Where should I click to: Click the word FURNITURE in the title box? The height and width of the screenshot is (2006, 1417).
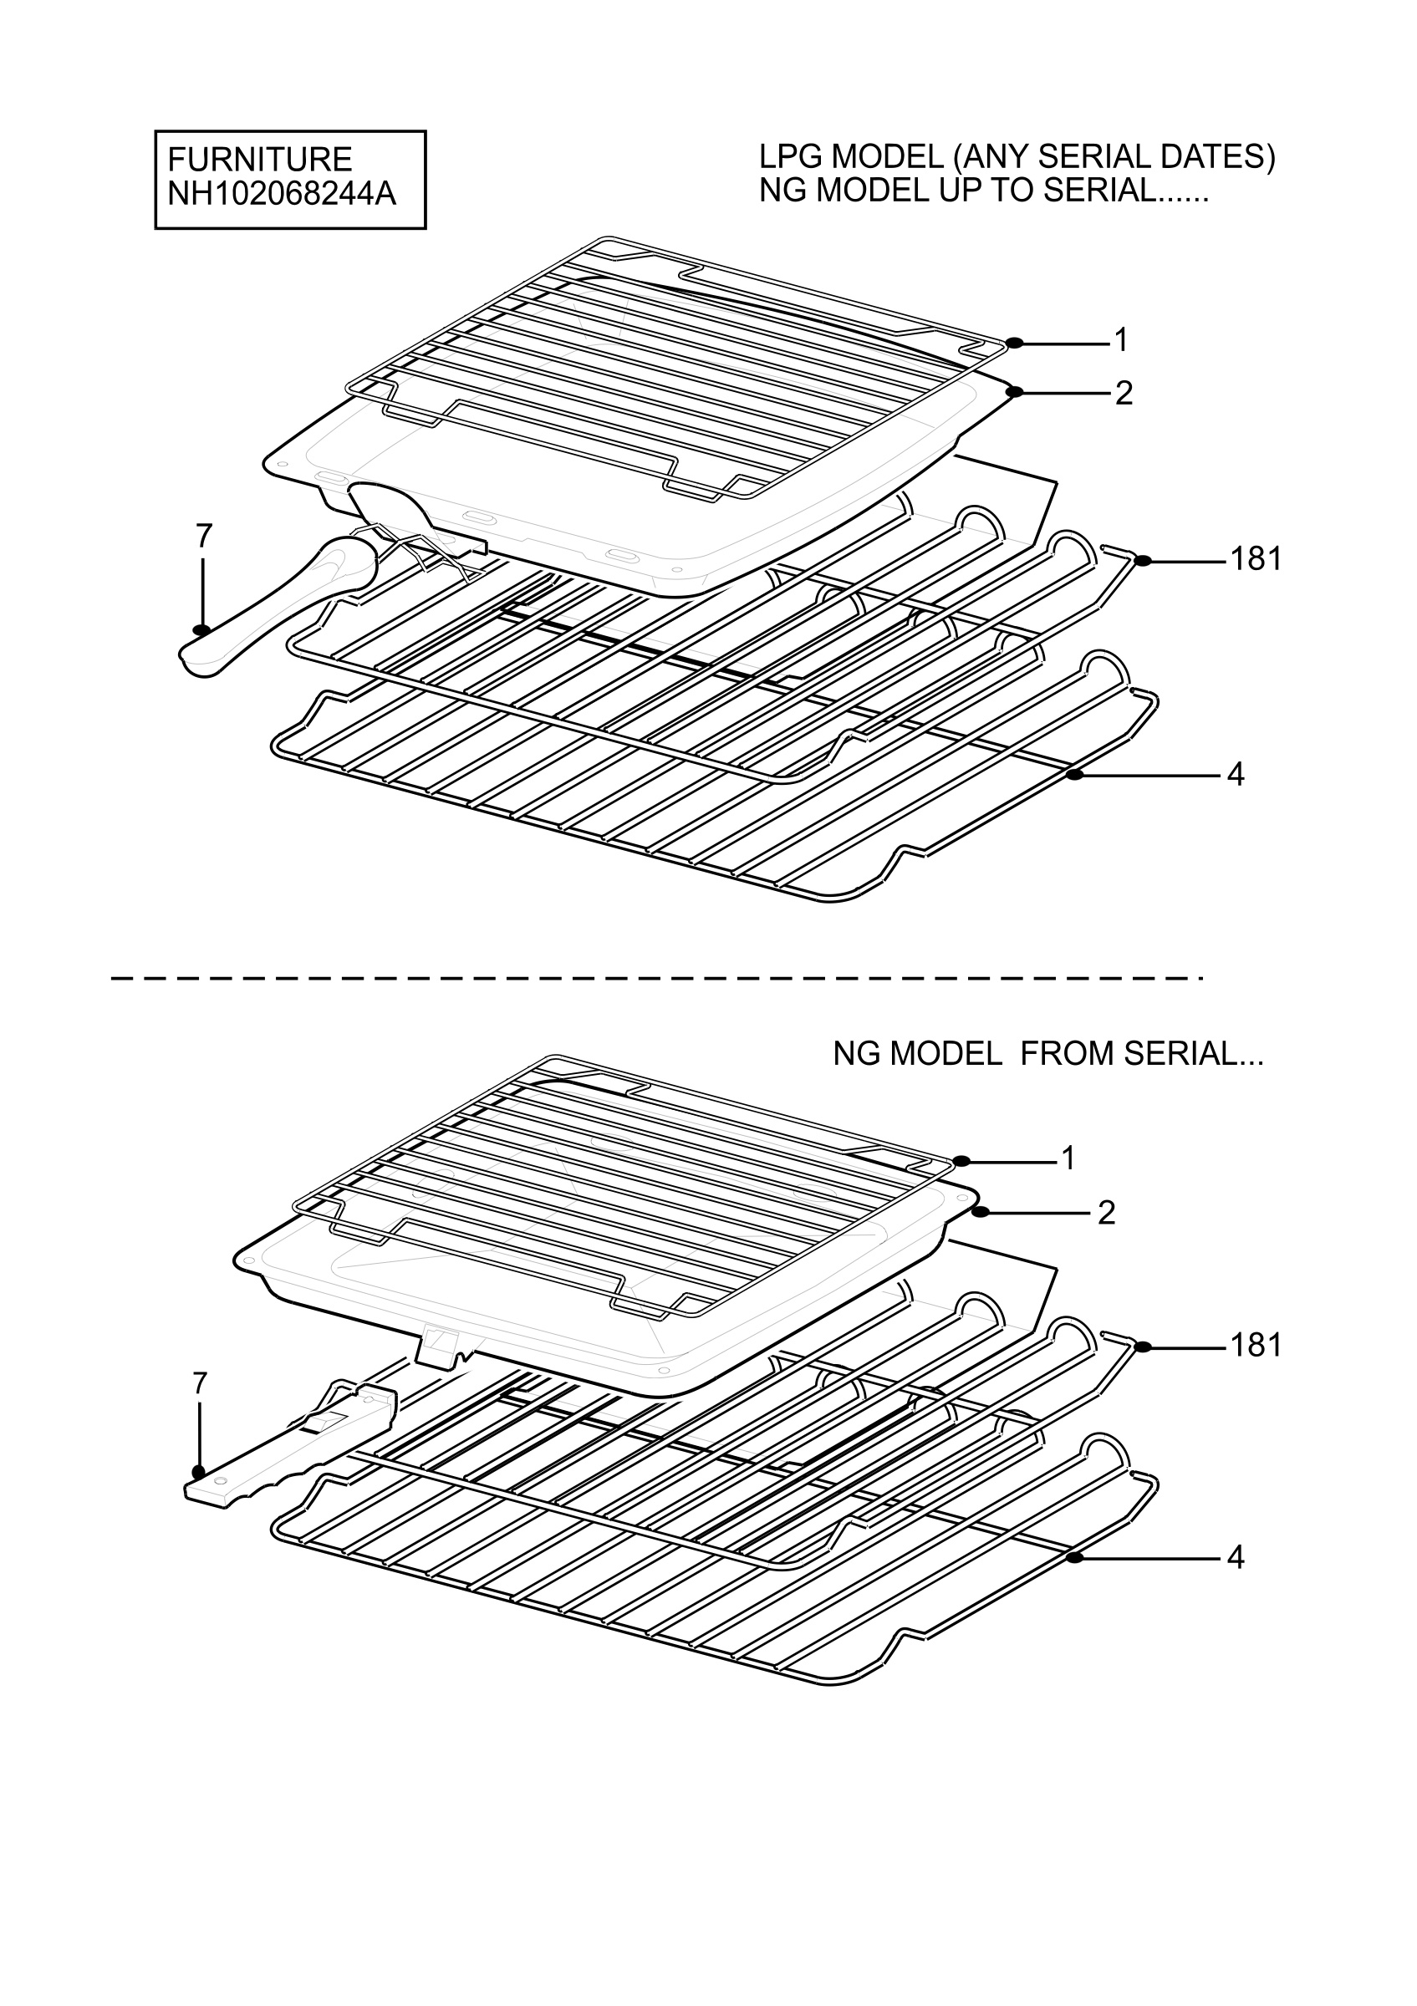tap(259, 160)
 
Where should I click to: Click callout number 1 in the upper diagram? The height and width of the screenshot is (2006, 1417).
tap(1121, 340)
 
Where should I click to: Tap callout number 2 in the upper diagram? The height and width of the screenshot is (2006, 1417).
tap(1124, 393)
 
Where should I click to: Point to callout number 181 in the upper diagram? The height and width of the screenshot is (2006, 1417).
tap(1256, 558)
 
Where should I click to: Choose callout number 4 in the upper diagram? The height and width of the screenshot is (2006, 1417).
tap(1236, 774)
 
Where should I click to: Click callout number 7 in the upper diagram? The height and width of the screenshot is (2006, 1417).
tap(203, 536)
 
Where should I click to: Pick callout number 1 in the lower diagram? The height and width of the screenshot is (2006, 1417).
tap(1068, 1158)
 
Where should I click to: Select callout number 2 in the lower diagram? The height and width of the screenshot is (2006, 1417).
tap(1106, 1213)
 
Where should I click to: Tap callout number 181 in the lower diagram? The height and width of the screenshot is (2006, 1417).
tap(1256, 1345)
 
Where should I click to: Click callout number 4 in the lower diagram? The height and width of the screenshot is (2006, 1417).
tap(1236, 1558)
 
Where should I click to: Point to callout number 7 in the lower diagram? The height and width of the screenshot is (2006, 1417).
tap(200, 1383)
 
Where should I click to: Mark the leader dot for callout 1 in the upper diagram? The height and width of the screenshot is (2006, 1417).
tap(1014, 344)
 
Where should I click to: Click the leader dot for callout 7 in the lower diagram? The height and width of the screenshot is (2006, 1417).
tap(200, 1472)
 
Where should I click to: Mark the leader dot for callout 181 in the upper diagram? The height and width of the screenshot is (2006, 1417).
tap(1143, 562)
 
